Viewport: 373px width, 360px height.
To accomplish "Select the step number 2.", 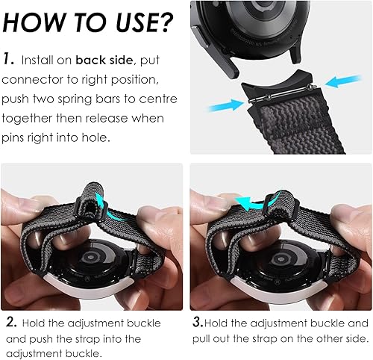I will pyautogui.click(x=10, y=323).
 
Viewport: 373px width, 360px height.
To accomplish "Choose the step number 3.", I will pyautogui.click(x=198, y=323).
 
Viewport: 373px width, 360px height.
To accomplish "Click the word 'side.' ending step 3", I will pyautogui.click(x=351, y=338).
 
